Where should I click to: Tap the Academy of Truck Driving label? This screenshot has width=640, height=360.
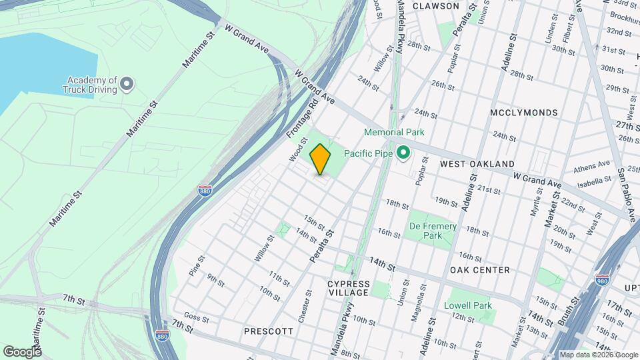pyautogui.click(x=91, y=84)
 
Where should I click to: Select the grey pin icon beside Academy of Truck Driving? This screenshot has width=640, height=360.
pyautogui.click(x=127, y=84)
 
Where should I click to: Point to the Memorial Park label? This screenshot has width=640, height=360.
pyautogui.click(x=395, y=133)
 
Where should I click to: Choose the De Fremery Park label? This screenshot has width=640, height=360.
pyautogui.click(x=433, y=231)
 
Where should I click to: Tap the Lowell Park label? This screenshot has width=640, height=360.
pyautogui.click(x=468, y=305)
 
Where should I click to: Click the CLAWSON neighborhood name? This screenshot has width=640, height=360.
pyautogui.click(x=436, y=6)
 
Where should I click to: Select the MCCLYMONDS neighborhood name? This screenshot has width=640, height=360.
pyautogui.click(x=523, y=113)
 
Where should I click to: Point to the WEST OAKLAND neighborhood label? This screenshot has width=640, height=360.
pyautogui.click(x=476, y=163)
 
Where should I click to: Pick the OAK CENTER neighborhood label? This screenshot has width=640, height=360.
pyautogui.click(x=479, y=270)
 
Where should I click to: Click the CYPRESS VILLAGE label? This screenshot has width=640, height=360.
pyautogui.click(x=348, y=288)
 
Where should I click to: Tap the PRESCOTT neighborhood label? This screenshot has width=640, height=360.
pyautogui.click(x=269, y=331)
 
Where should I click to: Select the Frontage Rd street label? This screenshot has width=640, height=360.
pyautogui.click(x=302, y=118)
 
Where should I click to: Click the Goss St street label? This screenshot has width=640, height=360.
pyautogui.click(x=197, y=317)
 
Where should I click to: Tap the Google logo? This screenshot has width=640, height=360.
pyautogui.click(x=22, y=351)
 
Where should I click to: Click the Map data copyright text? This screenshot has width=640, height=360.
pyautogui.click(x=598, y=355)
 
